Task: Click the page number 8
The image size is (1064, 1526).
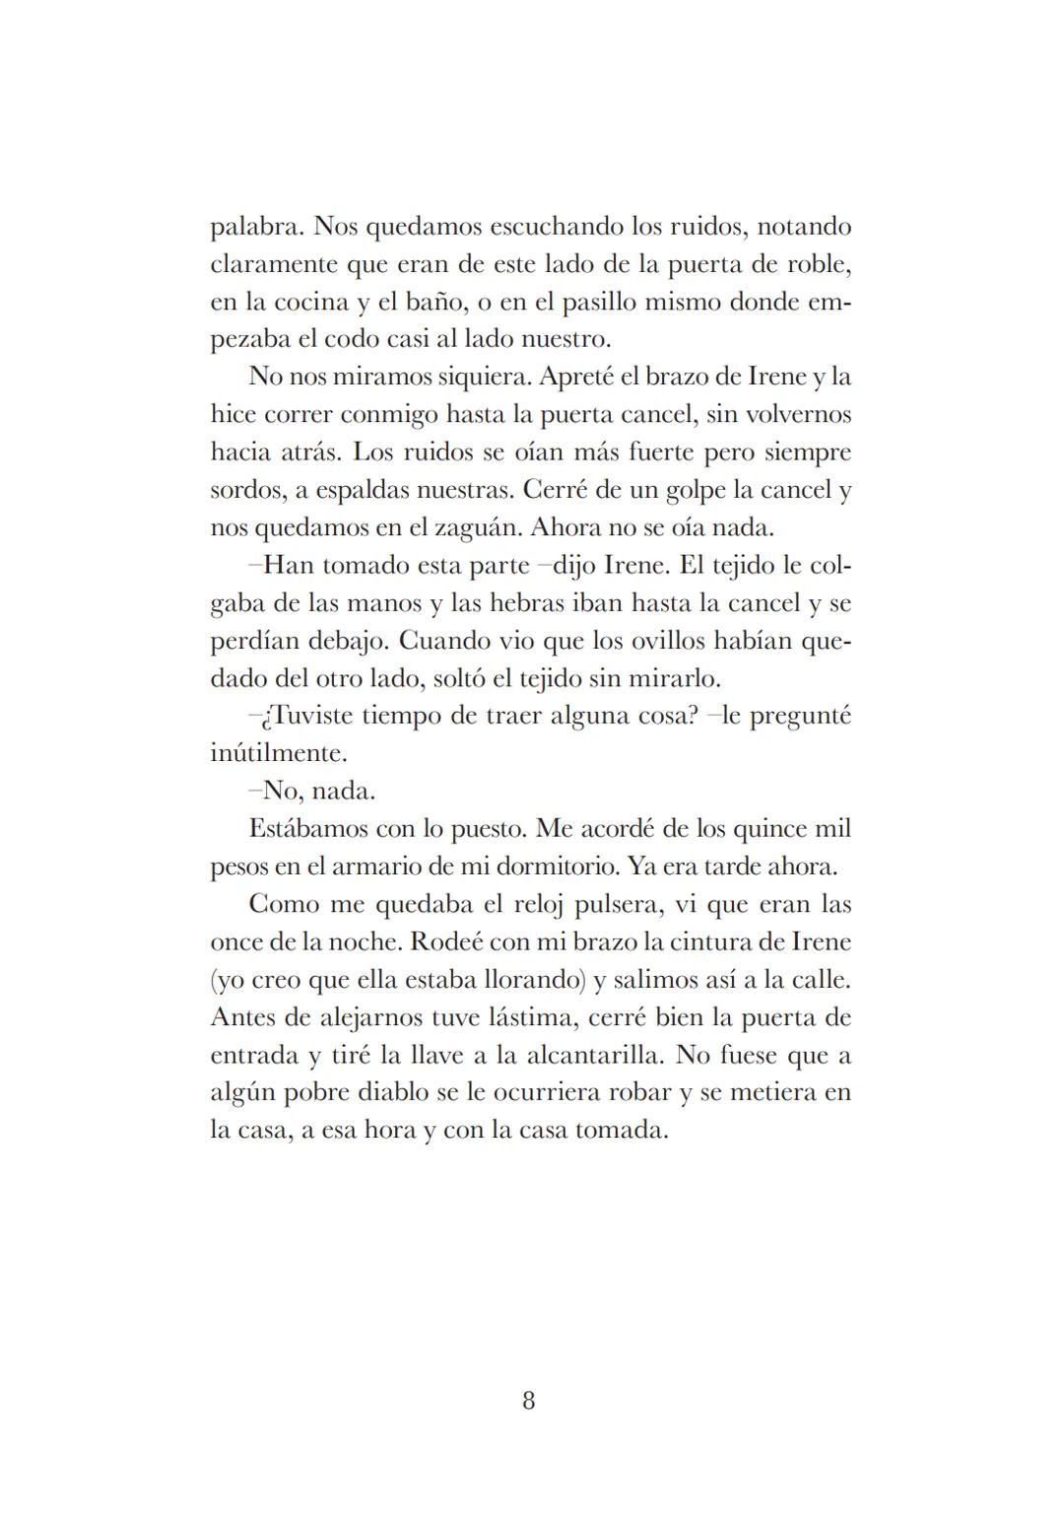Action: tap(529, 1401)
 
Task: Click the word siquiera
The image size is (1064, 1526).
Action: tap(480, 377)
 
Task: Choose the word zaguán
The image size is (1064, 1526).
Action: tap(476, 526)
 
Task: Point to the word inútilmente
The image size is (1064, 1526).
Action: tap(279, 753)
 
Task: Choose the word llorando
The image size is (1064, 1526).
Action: tap(527, 980)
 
